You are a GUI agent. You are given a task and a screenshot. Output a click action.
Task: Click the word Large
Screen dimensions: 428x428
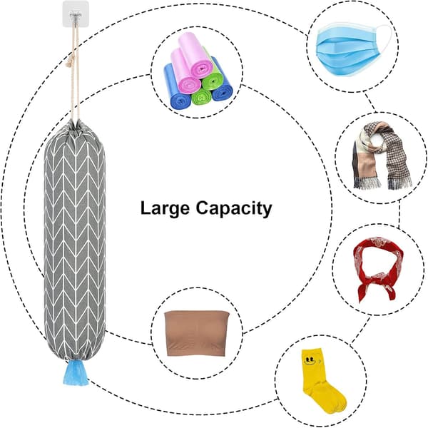[x=165, y=209]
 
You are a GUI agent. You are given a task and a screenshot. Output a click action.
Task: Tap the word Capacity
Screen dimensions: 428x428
[x=234, y=209]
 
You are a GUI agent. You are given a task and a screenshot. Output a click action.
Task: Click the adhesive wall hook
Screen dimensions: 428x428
[x=76, y=14]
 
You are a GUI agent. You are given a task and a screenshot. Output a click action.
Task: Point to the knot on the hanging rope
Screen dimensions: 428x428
[x=71, y=62]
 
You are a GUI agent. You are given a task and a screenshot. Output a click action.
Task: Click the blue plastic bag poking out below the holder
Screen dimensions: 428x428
[x=76, y=372]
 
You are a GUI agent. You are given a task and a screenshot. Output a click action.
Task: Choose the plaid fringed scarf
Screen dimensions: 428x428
[x=382, y=156]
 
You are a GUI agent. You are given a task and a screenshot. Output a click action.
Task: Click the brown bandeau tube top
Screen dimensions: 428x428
[x=197, y=334]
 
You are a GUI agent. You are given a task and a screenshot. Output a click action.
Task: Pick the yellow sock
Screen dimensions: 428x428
[x=322, y=380]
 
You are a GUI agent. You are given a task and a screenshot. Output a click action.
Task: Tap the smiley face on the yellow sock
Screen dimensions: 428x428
[x=311, y=360]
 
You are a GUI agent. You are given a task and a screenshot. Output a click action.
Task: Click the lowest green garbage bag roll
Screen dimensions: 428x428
[x=201, y=98]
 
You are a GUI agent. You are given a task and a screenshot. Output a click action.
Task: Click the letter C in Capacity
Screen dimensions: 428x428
[x=203, y=208]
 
